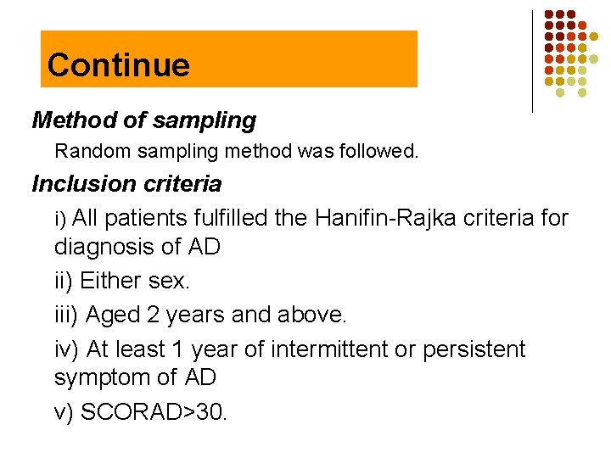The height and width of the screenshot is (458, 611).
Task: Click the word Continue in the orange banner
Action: [118, 64]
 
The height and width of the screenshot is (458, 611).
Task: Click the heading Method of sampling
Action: [143, 120]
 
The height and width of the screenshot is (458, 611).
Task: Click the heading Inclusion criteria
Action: [126, 183]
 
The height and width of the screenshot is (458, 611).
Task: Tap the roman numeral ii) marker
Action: [64, 281]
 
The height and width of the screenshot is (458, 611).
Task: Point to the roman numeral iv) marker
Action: [66, 349]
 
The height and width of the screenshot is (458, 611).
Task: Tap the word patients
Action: [150, 218]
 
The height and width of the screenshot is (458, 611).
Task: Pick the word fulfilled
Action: [232, 218]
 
